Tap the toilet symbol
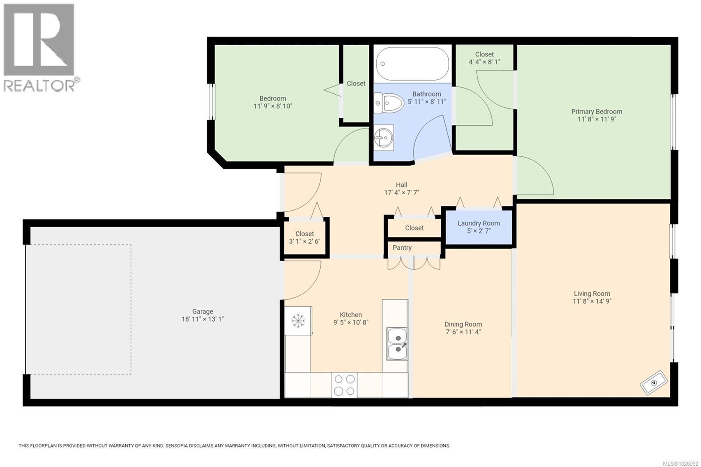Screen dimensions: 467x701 click(x=389, y=103)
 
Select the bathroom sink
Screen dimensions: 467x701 click(x=383, y=138)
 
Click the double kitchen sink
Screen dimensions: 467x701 click(x=397, y=344)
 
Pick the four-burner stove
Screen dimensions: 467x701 click(x=344, y=385)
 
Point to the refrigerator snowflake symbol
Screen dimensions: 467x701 click(x=298, y=321)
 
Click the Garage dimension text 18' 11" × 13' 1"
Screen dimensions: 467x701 click(x=202, y=319)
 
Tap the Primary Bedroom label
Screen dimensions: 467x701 click(x=596, y=111)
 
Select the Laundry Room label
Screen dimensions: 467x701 click(x=478, y=223)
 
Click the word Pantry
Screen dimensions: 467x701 click(x=402, y=248)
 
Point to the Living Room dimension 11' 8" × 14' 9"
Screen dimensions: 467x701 click(x=592, y=301)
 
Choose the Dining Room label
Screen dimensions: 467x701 click(x=463, y=324)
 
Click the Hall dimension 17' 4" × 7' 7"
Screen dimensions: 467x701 click(x=401, y=192)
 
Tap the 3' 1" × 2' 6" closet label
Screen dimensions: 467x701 click(x=304, y=241)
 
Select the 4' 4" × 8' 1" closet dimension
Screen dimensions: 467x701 click(x=484, y=62)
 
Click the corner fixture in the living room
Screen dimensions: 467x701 click(x=654, y=382)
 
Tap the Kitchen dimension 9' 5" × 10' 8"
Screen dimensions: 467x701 click(x=350, y=322)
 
